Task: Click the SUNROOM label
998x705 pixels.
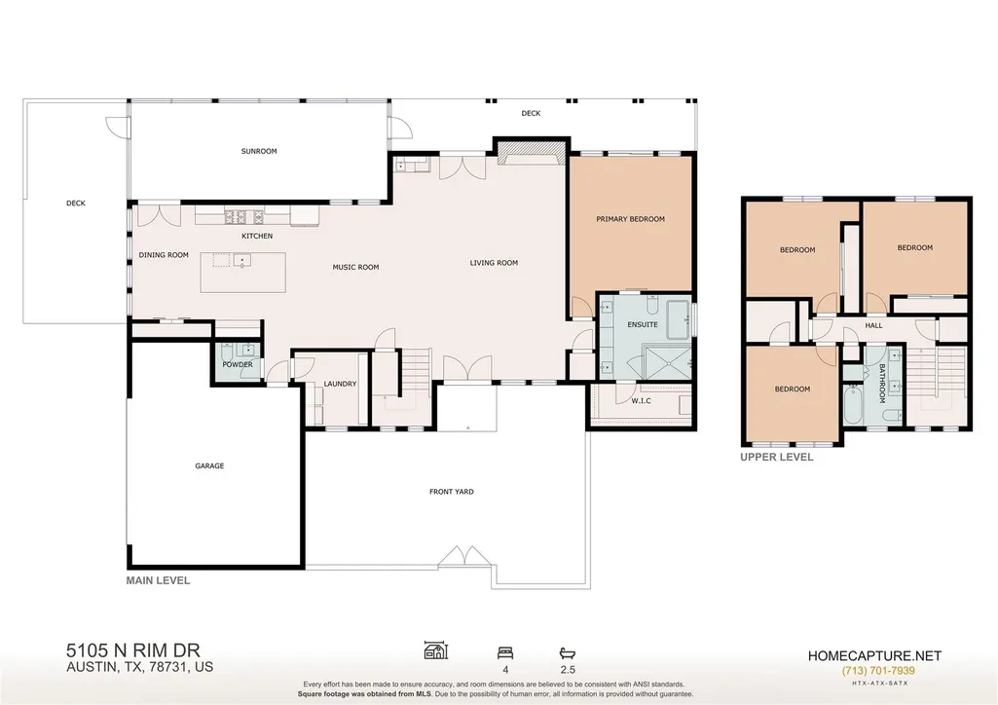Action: (259, 152)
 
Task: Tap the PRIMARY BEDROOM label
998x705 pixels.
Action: (630, 219)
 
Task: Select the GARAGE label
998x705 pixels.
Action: (209, 465)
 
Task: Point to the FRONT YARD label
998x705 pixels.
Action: (451, 492)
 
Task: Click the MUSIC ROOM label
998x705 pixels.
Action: (355, 267)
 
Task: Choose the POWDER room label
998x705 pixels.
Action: (238, 364)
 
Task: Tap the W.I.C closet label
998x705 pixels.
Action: (641, 401)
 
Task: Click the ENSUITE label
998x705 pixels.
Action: (643, 324)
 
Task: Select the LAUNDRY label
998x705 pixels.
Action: (340, 384)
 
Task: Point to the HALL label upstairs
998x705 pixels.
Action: (874, 325)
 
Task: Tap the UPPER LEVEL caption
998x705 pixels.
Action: (777, 457)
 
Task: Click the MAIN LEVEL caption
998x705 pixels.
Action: (158, 580)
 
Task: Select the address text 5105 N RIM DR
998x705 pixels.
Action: (133, 650)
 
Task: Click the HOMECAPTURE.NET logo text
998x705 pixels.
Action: (874, 656)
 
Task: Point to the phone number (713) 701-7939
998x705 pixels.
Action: (878, 671)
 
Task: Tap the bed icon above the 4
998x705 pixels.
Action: (505, 652)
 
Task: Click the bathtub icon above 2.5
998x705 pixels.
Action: (567, 652)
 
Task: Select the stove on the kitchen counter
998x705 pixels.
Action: (243, 217)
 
